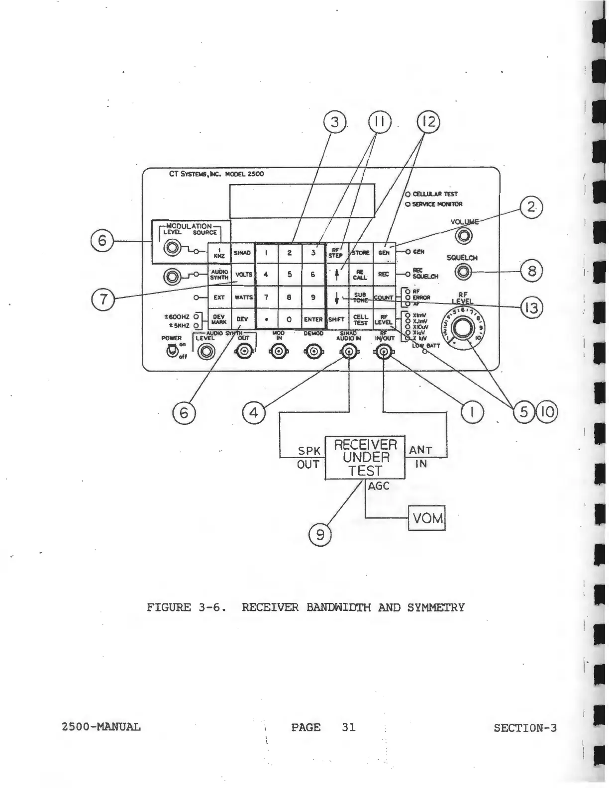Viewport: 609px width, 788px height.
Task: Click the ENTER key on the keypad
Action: pyautogui.click(x=313, y=319)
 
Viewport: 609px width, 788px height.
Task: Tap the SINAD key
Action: pyautogui.click(x=243, y=253)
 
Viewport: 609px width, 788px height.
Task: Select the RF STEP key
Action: pyautogui.click(x=337, y=253)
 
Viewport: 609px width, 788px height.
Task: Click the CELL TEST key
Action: pyautogui.click(x=360, y=319)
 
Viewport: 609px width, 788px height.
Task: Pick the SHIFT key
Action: pyautogui.click(x=337, y=319)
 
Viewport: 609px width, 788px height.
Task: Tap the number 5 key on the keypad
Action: pyautogui.click(x=289, y=275)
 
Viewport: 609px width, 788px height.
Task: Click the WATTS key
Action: pyautogui.click(x=243, y=297)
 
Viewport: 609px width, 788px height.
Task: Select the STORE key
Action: pyautogui.click(x=360, y=253)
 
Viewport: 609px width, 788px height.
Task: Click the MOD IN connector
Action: pyautogui.click(x=279, y=352)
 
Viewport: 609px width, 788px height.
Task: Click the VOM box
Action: pyautogui.click(x=426, y=518)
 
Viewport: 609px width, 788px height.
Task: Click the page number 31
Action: pyautogui.click(x=349, y=727)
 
